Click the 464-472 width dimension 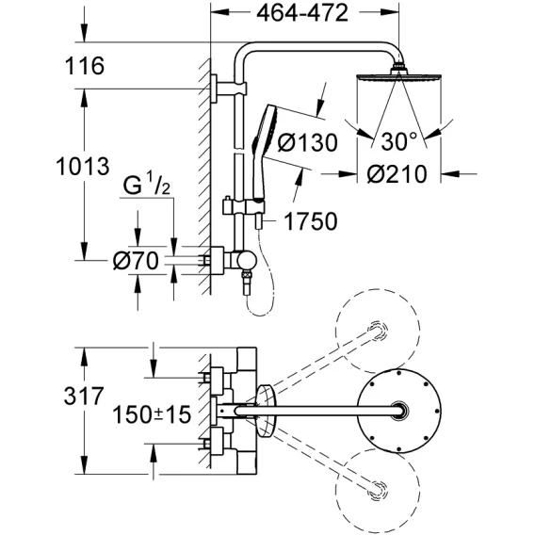click(x=302, y=13)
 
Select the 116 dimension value click(x=84, y=66)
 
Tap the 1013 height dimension click(x=83, y=166)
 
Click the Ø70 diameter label click(x=136, y=261)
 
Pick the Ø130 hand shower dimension click(x=307, y=142)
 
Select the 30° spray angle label click(x=398, y=141)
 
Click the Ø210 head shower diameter click(x=397, y=174)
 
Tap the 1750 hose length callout click(x=311, y=221)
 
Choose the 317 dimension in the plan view click(x=84, y=396)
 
